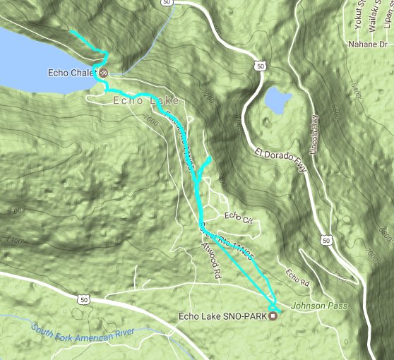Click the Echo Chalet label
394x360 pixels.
point(72,72)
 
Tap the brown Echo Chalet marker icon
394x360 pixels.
point(104,72)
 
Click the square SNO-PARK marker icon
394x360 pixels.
point(273,316)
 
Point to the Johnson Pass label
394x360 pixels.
point(308,306)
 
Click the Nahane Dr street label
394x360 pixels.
point(369,44)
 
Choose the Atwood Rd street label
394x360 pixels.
point(213,260)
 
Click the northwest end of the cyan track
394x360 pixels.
point(72,32)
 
